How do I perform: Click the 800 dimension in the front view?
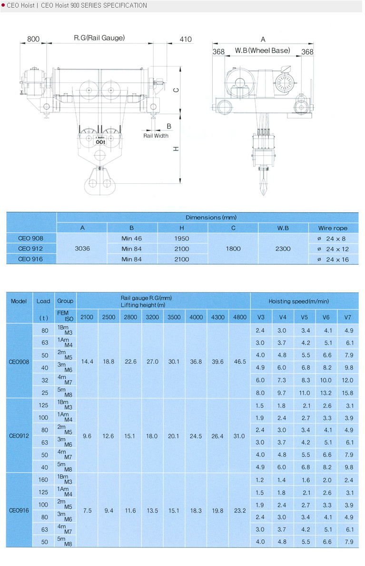[33, 39]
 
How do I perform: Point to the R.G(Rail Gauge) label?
[99, 38]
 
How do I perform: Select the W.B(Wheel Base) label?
[262, 50]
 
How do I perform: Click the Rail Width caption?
[156, 136]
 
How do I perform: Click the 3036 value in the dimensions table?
[82, 248]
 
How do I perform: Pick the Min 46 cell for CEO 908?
[132, 238]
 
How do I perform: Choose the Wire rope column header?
[333, 228]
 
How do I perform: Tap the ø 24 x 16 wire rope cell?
[333, 259]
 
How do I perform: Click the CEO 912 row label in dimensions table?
[31, 248]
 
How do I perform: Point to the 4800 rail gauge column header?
[240, 317]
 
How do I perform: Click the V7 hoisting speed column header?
[348, 317]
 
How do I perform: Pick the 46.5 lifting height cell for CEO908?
[240, 362]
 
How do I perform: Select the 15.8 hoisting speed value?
[348, 393]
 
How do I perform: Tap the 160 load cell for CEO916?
[43, 480]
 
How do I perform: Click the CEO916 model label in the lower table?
[19, 511]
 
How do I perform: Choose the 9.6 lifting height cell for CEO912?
[87, 436]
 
